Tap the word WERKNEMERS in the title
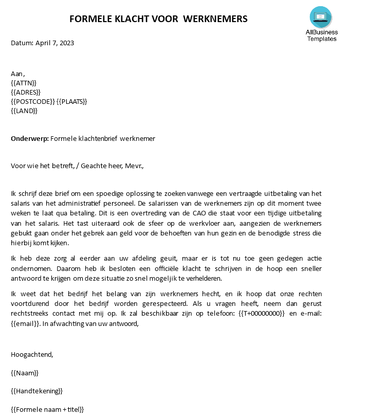pos(215,19)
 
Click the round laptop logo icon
pos(321,17)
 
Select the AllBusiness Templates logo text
pos(322,35)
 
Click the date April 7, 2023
pos(54,43)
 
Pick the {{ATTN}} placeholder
pos(24,83)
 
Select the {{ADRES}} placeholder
pos(26,92)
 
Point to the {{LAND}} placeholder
pos(24,111)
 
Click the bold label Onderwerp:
pos(30,138)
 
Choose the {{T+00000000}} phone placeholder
pos(261,314)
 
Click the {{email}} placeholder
pos(25,323)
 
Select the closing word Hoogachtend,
pos(32,354)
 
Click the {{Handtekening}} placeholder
pos(36,391)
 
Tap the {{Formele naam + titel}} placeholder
pos(47,410)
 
